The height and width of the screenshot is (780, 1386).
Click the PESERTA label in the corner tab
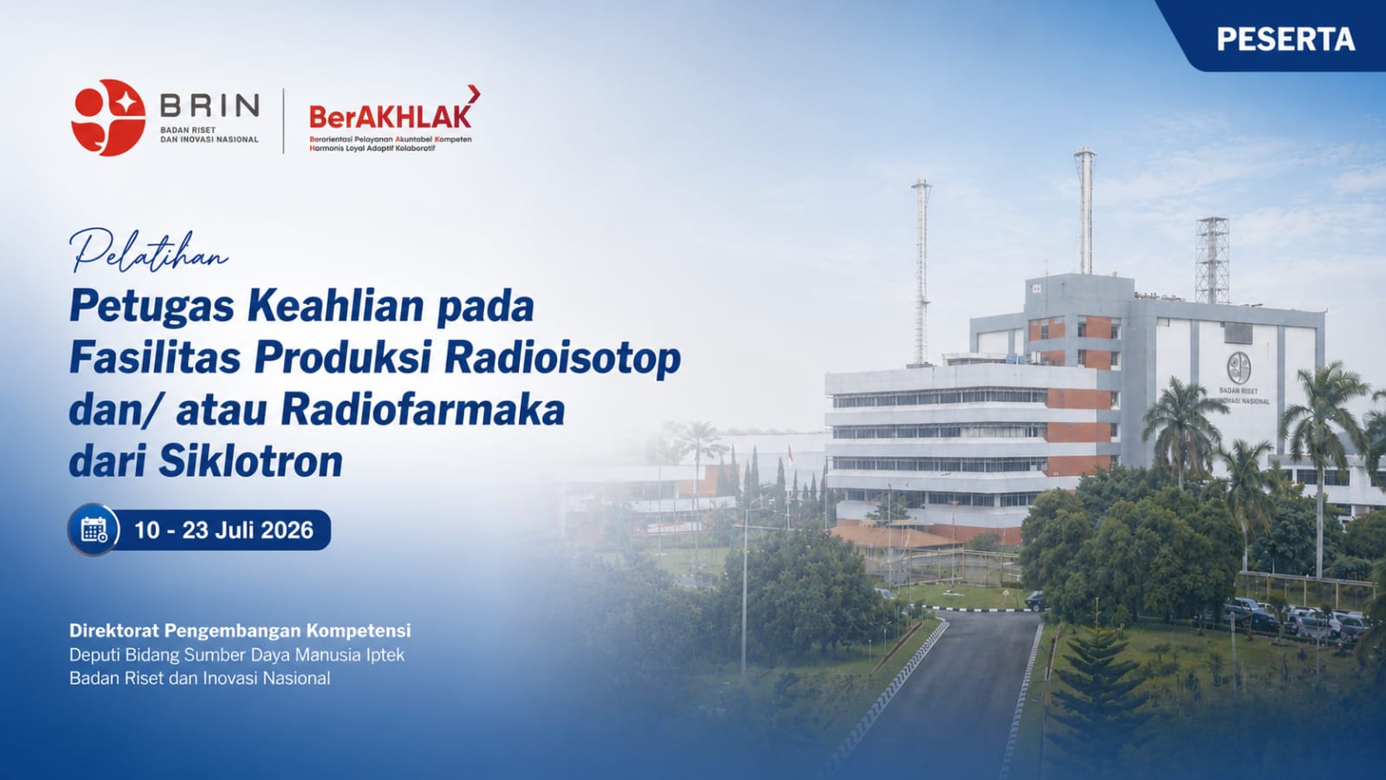coord(1286,39)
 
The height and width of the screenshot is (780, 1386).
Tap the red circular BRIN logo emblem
coord(108,117)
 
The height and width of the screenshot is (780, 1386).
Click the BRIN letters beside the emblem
coord(210,106)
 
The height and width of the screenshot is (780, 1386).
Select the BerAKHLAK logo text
coord(390,116)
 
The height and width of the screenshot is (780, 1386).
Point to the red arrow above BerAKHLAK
coord(474,94)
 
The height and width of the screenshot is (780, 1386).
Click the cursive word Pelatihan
coord(149,250)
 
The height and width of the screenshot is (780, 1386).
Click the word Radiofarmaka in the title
coord(423,411)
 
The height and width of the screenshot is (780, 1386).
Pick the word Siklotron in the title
coord(250,462)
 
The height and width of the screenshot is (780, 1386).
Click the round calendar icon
coord(94,530)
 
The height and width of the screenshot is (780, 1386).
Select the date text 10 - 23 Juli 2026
coord(224,530)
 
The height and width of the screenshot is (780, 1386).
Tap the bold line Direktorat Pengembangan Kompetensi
coord(240,631)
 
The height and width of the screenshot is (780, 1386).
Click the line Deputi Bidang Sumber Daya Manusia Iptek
coord(237,655)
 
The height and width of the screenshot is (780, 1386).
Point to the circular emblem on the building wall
coord(1239,367)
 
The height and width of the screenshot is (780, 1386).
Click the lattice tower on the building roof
coord(1212,260)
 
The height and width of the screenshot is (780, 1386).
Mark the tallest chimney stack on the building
coord(1085,211)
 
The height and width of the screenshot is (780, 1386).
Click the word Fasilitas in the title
coord(155,359)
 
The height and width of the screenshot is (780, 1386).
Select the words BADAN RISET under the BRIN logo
coord(188,130)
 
